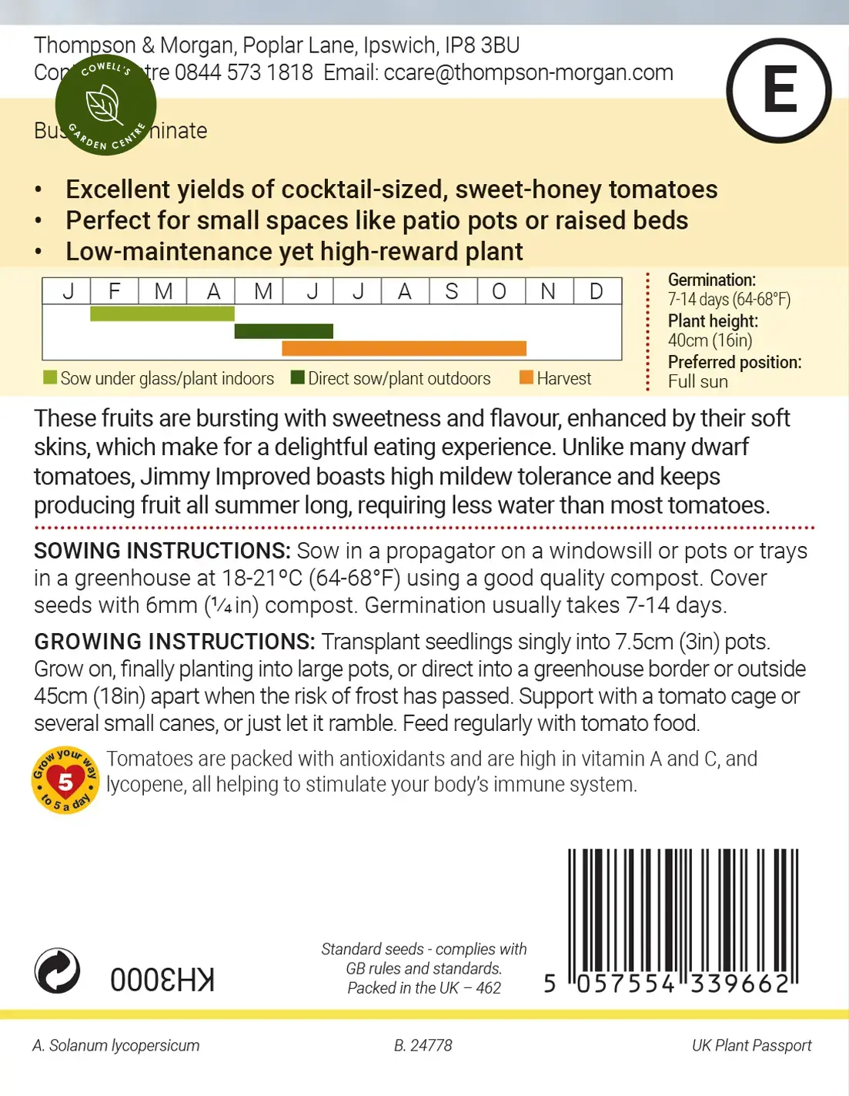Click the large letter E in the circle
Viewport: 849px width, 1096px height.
pos(779,91)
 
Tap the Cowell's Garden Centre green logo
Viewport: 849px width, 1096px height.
pos(105,105)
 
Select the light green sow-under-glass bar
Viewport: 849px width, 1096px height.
pos(162,313)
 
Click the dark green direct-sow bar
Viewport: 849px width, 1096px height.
pos(283,331)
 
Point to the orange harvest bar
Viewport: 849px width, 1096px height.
pos(404,349)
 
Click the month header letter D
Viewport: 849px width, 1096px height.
pos(596,291)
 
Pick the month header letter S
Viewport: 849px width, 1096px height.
pos(452,291)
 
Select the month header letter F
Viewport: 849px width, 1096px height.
pos(115,291)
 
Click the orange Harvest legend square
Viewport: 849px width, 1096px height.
pos(526,377)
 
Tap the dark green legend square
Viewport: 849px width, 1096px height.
pos(298,377)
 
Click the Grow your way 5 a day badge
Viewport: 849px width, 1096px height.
pos(65,780)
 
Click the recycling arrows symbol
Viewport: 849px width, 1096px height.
pos(58,970)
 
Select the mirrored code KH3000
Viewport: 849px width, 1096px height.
pos(162,980)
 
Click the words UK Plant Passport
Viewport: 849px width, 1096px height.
pos(751,1045)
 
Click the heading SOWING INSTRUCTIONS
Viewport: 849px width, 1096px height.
pos(162,551)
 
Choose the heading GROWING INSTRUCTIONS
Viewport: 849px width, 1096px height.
pos(174,642)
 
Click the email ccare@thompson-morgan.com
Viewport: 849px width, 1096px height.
pos(528,73)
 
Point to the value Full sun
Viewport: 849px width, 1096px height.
pos(697,381)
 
